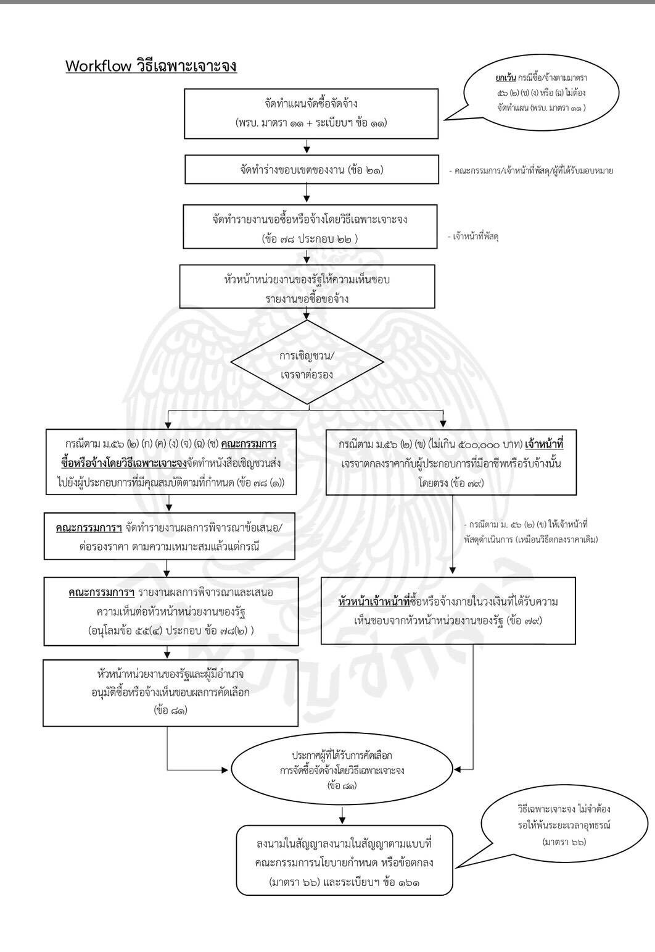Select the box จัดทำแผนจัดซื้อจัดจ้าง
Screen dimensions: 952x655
pos(311,113)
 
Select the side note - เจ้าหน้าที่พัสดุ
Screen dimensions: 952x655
pos(475,235)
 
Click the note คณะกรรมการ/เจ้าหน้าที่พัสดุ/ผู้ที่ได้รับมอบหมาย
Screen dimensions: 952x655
pos(533,170)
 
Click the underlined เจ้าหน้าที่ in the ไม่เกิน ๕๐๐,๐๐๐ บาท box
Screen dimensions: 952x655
pos(545,445)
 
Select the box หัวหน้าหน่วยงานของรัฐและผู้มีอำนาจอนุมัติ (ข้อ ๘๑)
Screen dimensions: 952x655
pos(170,691)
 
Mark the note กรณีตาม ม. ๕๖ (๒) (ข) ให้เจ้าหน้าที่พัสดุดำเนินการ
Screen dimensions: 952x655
pos(530,531)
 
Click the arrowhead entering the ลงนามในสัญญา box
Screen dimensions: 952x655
pos(342,822)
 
